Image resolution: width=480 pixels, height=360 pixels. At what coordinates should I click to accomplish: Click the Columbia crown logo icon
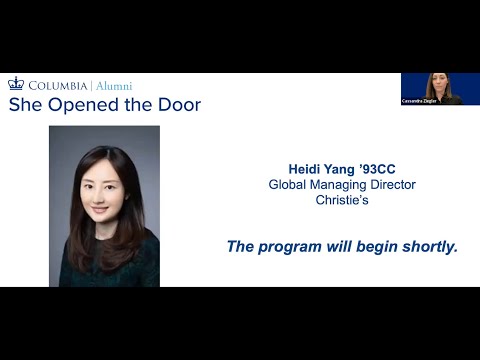pyautogui.click(x=16, y=85)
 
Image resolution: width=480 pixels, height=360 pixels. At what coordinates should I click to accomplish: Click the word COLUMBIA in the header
pyautogui.click(x=58, y=86)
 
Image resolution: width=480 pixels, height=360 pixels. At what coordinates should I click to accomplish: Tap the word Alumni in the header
pyautogui.click(x=113, y=86)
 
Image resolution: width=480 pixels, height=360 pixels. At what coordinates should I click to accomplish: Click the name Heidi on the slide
pyautogui.click(x=305, y=169)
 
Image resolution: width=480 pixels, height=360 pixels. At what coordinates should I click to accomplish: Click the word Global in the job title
pyautogui.click(x=291, y=184)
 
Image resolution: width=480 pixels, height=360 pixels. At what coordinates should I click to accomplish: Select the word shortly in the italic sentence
pyautogui.click(x=427, y=245)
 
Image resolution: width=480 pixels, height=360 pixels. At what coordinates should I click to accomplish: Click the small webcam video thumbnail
pyautogui.click(x=440, y=89)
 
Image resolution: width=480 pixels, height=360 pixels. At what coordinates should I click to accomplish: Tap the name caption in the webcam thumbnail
pyautogui.click(x=419, y=101)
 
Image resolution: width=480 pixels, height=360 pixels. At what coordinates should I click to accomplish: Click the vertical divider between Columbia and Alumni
pyautogui.click(x=91, y=86)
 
